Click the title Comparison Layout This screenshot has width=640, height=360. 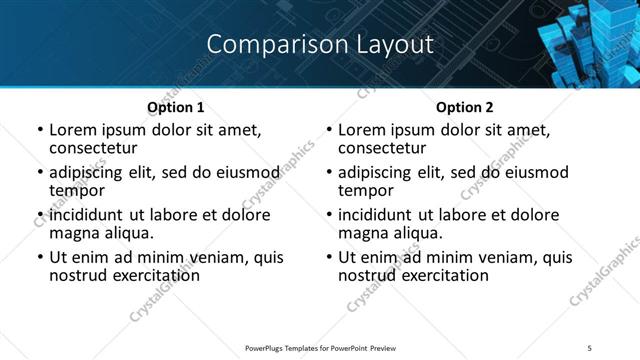(320, 45)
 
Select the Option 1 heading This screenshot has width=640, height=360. (175, 107)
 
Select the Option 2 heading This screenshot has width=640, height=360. (464, 107)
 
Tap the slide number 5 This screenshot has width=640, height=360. (589, 347)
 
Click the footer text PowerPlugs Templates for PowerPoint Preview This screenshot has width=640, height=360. (320, 347)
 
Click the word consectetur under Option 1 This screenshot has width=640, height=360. (92, 148)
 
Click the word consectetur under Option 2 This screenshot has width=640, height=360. (381, 148)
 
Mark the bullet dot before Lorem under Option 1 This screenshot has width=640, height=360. (40, 131)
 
